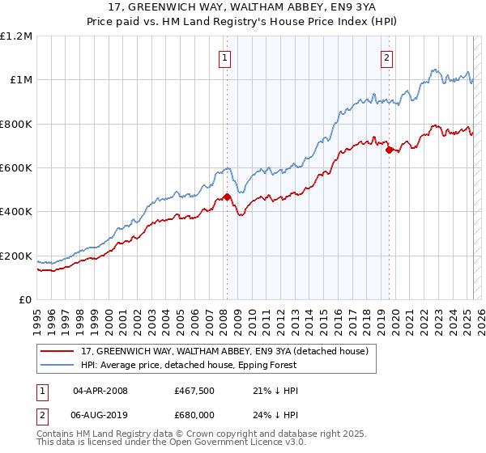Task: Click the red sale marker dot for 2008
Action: pyautogui.click(x=227, y=197)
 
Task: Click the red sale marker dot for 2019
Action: pyautogui.click(x=390, y=150)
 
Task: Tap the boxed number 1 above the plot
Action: pyautogui.click(x=224, y=57)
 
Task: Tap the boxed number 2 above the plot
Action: pyautogui.click(x=386, y=57)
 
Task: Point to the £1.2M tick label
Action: pyautogui.click(x=16, y=36)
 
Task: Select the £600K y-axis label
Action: pyautogui.click(x=16, y=168)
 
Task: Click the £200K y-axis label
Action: pyautogui.click(x=16, y=256)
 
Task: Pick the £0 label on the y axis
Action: pyautogui.click(x=24, y=300)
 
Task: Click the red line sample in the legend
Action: pyautogui.click(x=58, y=351)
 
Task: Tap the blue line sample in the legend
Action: pyautogui.click(x=58, y=365)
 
